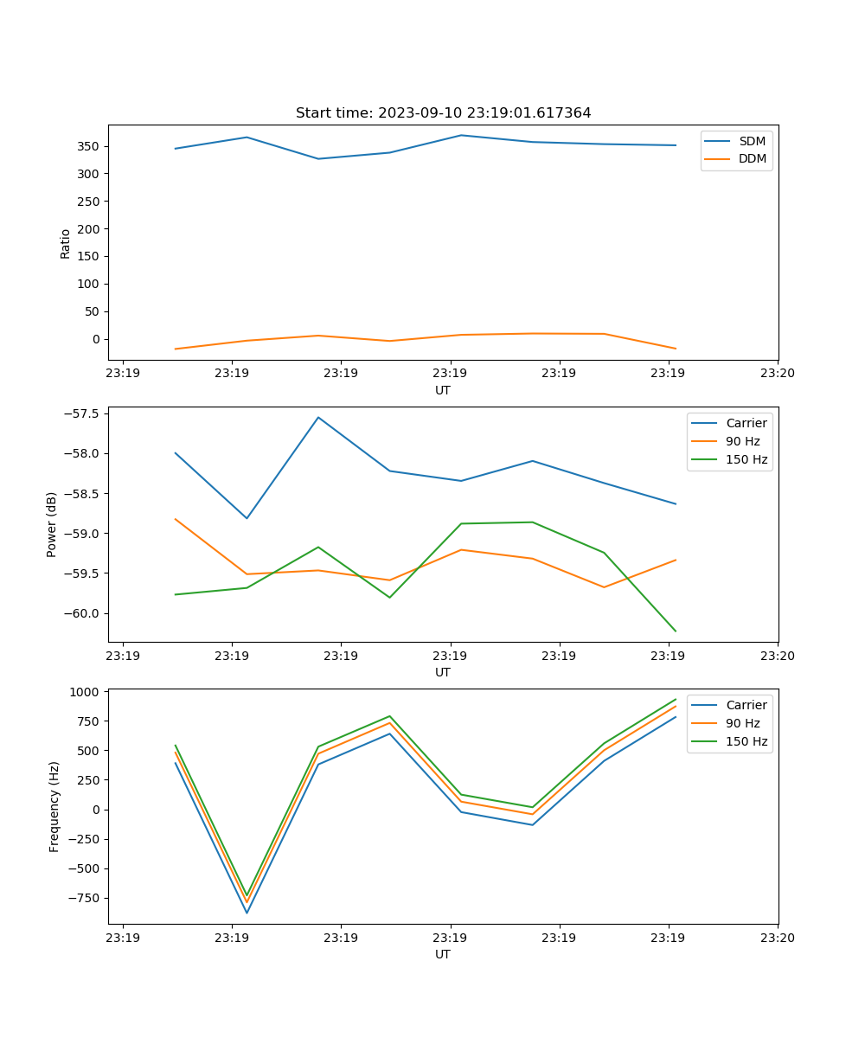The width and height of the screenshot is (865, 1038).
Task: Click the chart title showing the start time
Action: click(x=443, y=113)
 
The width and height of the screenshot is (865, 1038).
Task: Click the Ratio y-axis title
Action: click(x=66, y=243)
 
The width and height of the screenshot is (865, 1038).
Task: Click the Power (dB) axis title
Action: click(x=52, y=524)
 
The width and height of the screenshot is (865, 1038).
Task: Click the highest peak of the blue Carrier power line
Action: click(x=318, y=418)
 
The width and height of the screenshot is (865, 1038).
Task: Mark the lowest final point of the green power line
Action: click(x=676, y=631)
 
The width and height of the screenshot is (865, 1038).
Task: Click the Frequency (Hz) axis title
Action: click(x=54, y=806)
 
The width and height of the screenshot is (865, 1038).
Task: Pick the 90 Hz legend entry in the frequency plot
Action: click(x=742, y=723)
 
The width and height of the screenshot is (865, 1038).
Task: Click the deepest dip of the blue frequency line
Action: click(x=247, y=913)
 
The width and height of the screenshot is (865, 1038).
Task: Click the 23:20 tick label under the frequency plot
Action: click(x=777, y=938)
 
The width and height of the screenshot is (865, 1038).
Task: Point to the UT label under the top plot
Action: click(x=443, y=390)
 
